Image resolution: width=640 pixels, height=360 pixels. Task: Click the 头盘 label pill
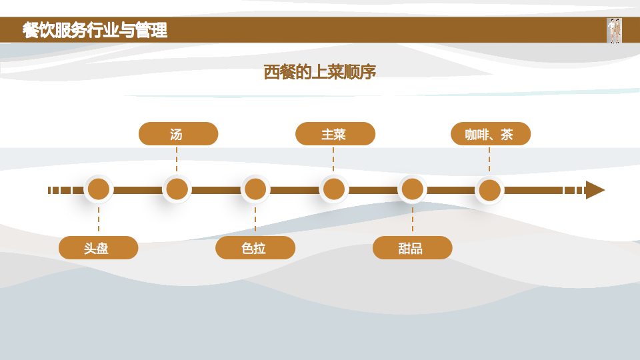pyautogui.click(x=98, y=248)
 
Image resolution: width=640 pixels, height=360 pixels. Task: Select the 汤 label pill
pyautogui.click(x=178, y=134)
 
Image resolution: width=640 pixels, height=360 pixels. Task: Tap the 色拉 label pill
pyautogui.click(x=255, y=248)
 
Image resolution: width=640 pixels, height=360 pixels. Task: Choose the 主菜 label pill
pyautogui.click(x=335, y=134)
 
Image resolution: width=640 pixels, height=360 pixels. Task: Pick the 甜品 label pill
pyautogui.click(x=412, y=248)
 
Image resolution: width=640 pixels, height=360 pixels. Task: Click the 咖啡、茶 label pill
pyautogui.click(x=490, y=134)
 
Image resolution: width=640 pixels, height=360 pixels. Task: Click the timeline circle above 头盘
pyautogui.click(x=99, y=189)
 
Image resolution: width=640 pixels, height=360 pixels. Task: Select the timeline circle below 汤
pyautogui.click(x=177, y=189)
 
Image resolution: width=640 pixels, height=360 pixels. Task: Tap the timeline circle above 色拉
pyautogui.click(x=255, y=189)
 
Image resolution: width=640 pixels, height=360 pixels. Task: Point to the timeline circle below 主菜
pyautogui.click(x=334, y=189)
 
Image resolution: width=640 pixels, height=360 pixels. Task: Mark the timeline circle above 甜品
pyautogui.click(x=412, y=189)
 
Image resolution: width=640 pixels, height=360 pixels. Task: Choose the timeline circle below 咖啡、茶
pyautogui.click(x=490, y=190)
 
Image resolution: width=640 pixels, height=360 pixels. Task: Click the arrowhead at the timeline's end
pyautogui.click(x=595, y=190)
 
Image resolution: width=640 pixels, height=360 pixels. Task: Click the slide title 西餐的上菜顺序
pyautogui.click(x=320, y=72)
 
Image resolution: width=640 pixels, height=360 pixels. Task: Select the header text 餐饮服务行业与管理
pyautogui.click(x=95, y=30)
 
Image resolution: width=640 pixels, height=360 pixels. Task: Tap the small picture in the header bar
pyautogui.click(x=614, y=31)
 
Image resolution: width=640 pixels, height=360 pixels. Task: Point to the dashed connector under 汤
pyautogui.click(x=177, y=159)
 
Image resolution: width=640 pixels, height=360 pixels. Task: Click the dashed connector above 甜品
pyautogui.click(x=412, y=219)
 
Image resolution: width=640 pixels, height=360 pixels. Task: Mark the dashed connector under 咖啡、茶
pyautogui.click(x=489, y=159)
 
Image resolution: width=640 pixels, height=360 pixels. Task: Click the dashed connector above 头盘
pyautogui.click(x=99, y=219)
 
